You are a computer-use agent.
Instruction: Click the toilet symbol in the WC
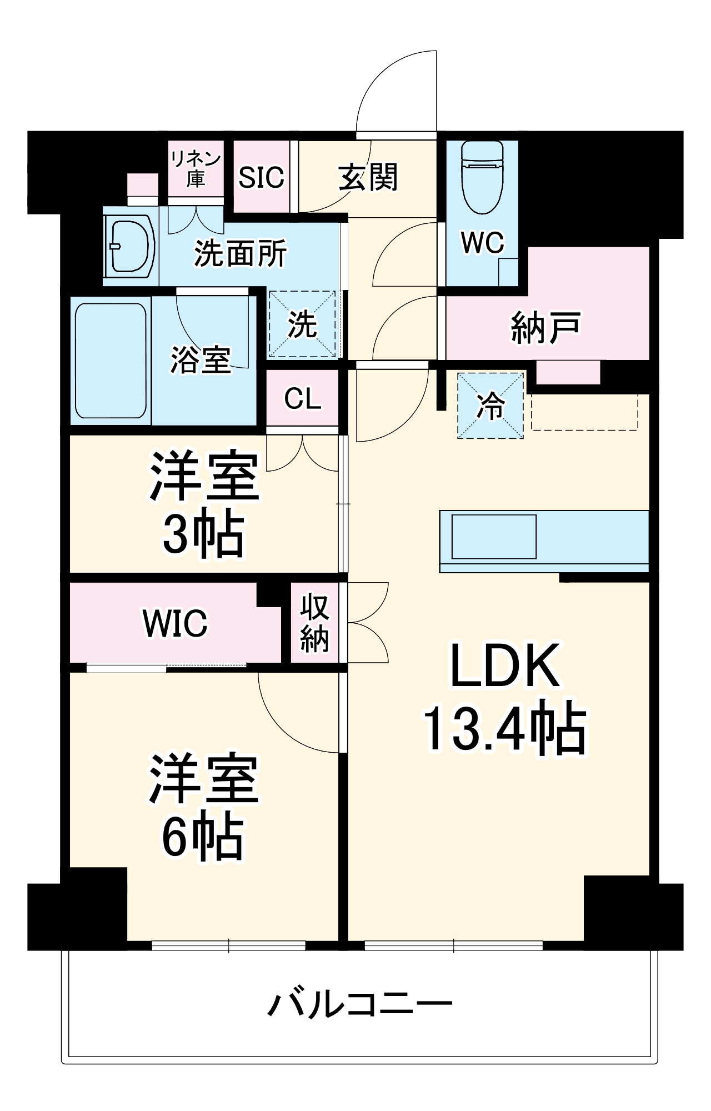pos(482,178)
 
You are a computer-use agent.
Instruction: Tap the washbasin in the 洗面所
pos(131,246)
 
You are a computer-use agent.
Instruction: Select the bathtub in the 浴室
pos(111,361)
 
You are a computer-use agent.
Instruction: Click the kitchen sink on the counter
pos(494,537)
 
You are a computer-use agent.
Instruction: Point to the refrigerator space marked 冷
pos(490,406)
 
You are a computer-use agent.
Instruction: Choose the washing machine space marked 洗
pos(303,324)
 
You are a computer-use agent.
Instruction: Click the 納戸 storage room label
pos(545,328)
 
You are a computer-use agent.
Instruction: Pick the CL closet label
pos(303,398)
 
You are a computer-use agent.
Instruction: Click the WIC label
pos(175,623)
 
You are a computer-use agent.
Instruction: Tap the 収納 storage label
pos(314,623)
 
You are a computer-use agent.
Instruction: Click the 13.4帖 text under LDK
pos(504,729)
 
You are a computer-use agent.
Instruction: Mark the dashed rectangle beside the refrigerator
pos(584,412)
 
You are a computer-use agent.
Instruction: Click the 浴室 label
pos(200,359)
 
